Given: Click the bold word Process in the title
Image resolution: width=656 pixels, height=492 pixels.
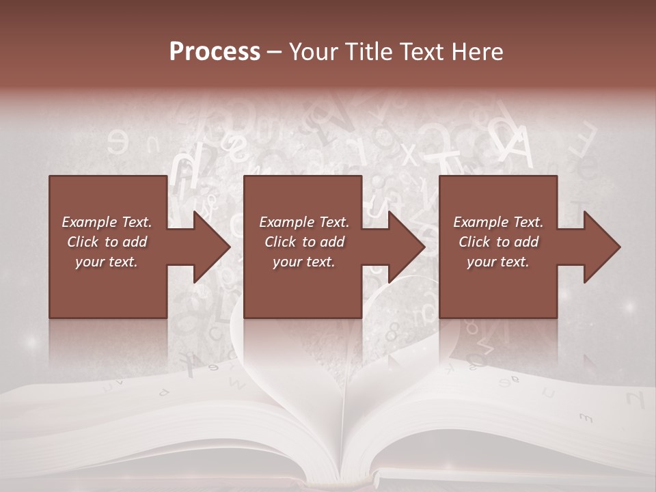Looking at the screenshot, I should (215, 52).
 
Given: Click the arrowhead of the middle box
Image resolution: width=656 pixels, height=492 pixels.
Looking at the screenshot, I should (404, 247).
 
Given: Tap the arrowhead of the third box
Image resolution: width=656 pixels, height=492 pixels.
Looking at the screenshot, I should (599, 247).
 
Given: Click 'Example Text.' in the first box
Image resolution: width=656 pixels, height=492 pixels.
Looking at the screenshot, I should (107, 222).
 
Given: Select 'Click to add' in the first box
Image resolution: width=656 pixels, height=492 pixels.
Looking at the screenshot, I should (107, 242).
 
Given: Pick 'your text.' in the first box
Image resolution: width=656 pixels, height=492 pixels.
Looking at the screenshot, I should (107, 262).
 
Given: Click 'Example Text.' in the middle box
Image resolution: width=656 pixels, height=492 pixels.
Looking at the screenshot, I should (303, 222).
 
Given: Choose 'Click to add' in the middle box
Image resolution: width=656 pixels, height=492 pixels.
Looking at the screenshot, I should (303, 242).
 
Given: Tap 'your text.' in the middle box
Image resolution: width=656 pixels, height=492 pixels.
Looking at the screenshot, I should (303, 262).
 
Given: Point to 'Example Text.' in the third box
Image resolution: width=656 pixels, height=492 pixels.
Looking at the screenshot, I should (498, 222).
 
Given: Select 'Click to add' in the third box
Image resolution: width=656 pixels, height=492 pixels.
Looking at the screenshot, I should (498, 242).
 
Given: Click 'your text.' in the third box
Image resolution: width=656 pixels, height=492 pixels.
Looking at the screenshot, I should (498, 262).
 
